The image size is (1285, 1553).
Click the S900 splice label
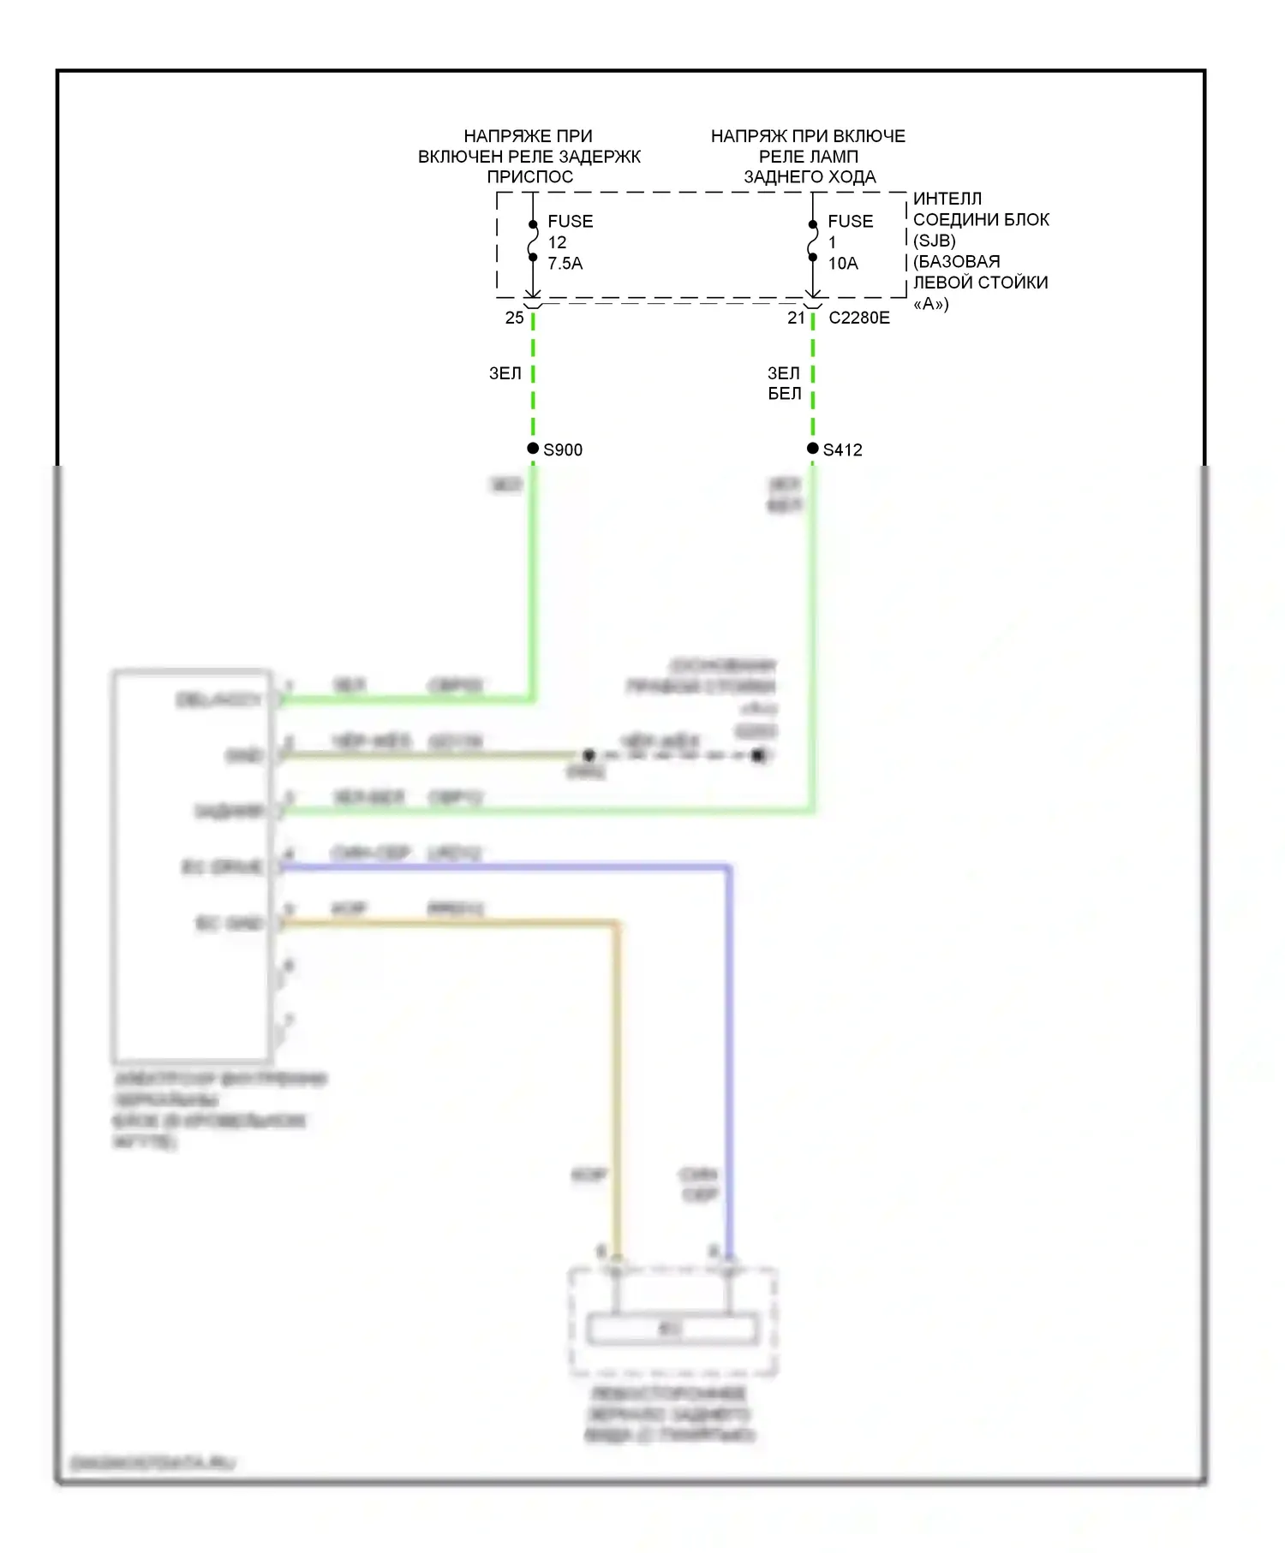coord(563,449)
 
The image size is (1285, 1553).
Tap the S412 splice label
coord(842,449)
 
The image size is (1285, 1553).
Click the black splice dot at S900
coord(533,449)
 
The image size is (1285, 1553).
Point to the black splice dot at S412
coord(812,449)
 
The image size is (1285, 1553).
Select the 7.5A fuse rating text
coord(565,264)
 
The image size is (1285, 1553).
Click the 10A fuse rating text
coord(843,264)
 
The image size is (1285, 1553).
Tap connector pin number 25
coord(514,318)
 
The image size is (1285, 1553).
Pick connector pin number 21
coord(796,318)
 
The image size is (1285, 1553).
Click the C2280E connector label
coord(859,318)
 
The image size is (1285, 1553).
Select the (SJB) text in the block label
coord(934,241)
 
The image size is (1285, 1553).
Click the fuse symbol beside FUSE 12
coord(533,241)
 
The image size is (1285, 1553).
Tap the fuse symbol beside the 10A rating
coord(812,241)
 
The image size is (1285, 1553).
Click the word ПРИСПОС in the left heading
coord(530,177)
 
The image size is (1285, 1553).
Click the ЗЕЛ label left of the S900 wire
coord(505,373)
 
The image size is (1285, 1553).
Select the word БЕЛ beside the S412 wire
coord(785,394)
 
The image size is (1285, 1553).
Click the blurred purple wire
coord(728,1027)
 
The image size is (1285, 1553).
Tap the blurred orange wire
coord(616,1070)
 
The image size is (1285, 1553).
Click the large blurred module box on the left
coord(192,865)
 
